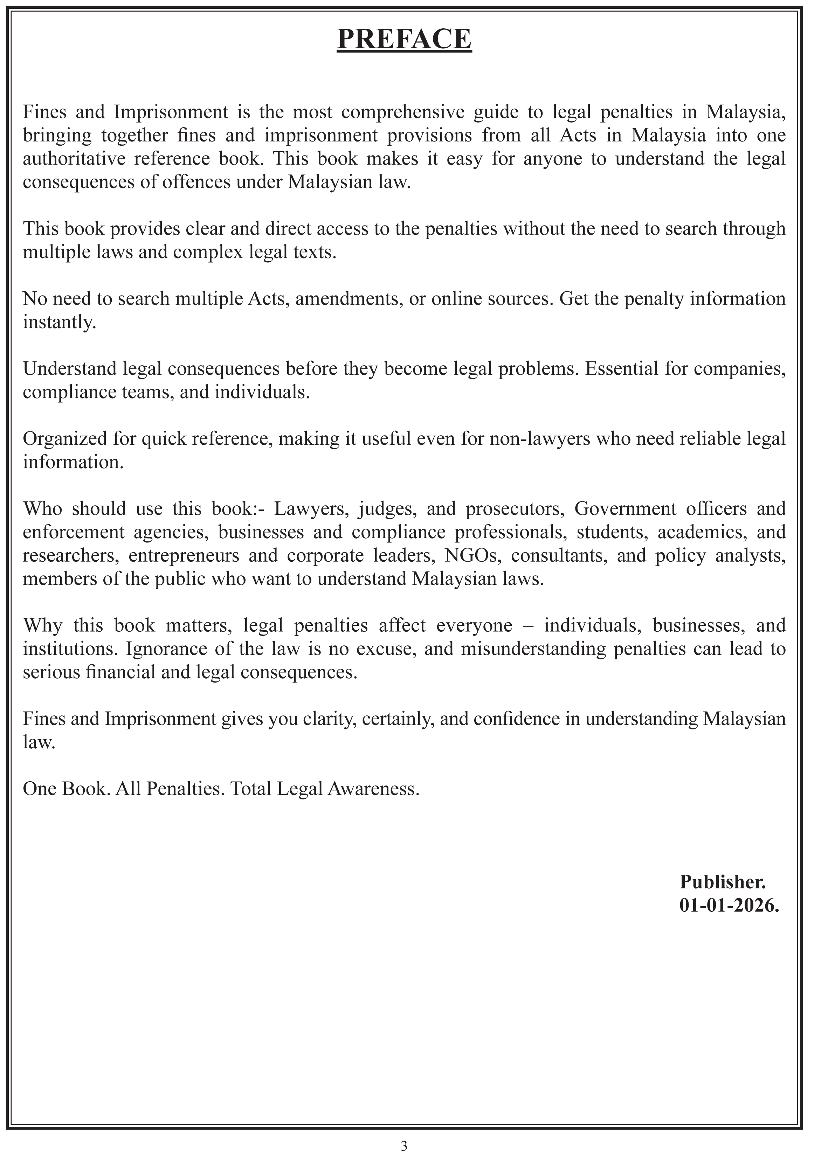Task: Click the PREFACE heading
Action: [404, 39]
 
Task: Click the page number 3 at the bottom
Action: [404, 1146]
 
